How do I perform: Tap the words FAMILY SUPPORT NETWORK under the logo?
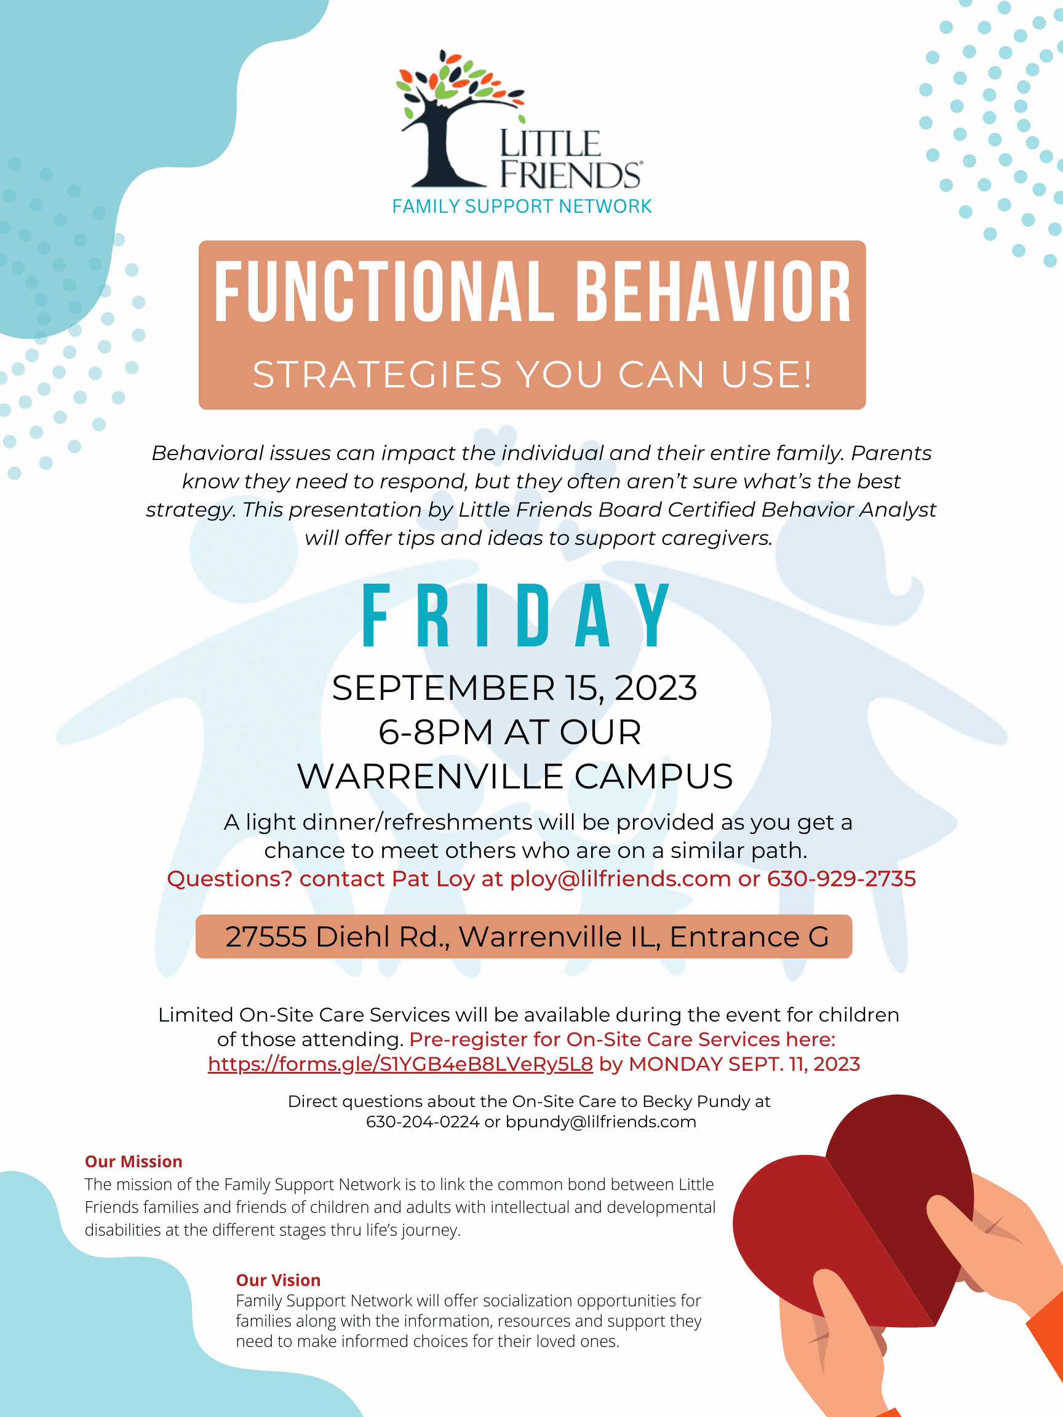click(x=522, y=206)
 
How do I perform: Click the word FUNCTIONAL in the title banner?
click(x=384, y=292)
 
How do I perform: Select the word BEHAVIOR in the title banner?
click(x=713, y=292)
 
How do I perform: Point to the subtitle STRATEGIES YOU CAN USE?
click(x=533, y=374)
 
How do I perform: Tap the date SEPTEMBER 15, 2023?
click(x=514, y=688)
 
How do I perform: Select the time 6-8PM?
click(x=436, y=732)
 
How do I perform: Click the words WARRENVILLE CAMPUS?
click(x=514, y=776)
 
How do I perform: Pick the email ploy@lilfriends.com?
click(x=620, y=879)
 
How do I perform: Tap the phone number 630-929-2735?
click(x=842, y=879)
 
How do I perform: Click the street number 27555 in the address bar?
click(x=266, y=937)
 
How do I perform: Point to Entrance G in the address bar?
click(x=749, y=937)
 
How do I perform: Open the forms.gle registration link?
click(x=400, y=1064)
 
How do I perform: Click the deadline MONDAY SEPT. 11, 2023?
click(x=744, y=1064)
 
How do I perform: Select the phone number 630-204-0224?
click(x=423, y=1122)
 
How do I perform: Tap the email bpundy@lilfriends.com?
click(x=600, y=1122)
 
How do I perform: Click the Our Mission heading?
click(x=133, y=1161)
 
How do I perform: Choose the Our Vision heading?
click(x=278, y=1280)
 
